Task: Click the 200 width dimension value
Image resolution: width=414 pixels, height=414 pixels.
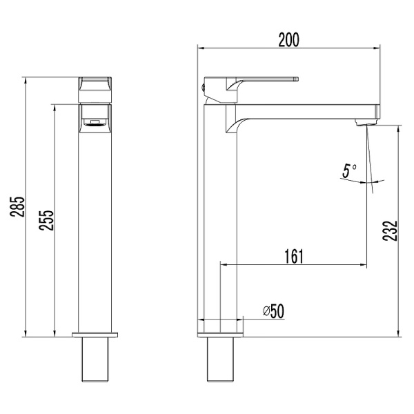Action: click(288, 39)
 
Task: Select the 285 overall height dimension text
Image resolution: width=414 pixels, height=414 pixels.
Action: click(19, 208)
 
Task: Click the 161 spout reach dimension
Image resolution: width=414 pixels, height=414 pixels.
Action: click(293, 256)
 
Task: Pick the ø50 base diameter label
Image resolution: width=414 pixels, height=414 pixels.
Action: click(273, 311)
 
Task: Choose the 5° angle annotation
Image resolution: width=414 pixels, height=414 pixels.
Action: click(350, 169)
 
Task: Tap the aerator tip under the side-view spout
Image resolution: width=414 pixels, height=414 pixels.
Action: click(364, 123)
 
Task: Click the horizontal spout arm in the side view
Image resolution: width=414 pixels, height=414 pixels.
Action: click(304, 111)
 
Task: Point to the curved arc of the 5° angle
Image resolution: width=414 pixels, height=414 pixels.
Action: click(359, 181)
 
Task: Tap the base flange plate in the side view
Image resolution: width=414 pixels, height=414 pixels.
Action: click(221, 335)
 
